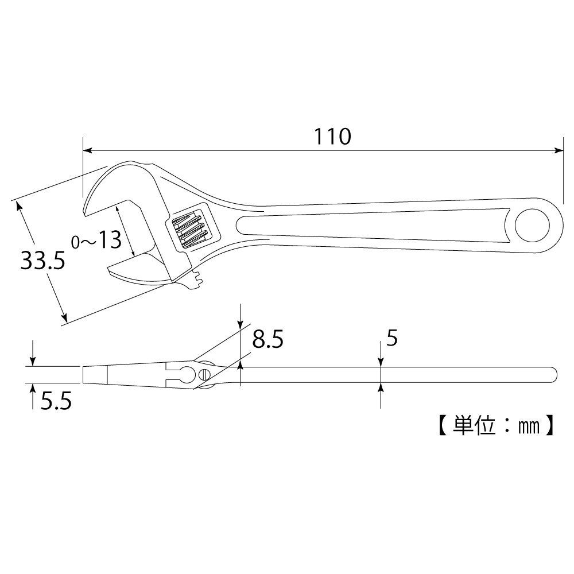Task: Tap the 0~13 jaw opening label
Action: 96,240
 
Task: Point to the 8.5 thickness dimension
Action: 267,340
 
